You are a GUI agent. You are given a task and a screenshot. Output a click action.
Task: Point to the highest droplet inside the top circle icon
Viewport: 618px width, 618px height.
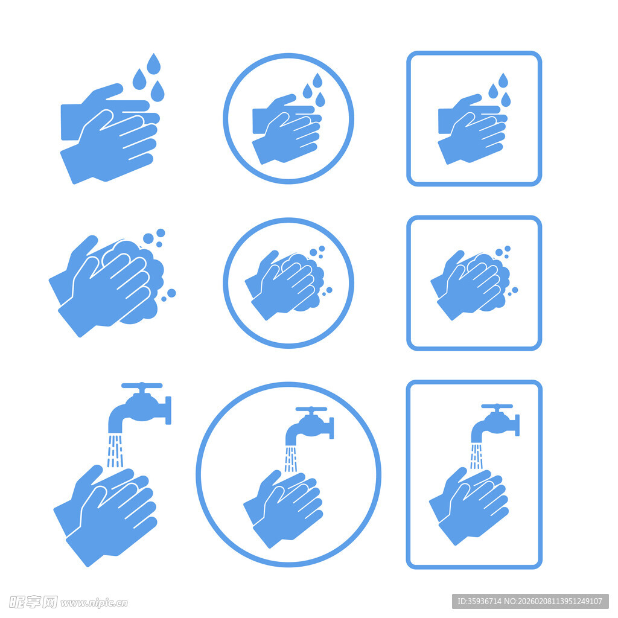(x=317, y=80)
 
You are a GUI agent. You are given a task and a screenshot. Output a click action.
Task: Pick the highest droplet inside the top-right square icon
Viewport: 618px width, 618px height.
(x=503, y=80)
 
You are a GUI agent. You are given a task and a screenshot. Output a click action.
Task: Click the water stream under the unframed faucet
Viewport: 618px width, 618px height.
(x=115, y=450)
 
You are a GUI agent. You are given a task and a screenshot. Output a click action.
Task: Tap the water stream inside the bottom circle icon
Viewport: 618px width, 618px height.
(x=291, y=459)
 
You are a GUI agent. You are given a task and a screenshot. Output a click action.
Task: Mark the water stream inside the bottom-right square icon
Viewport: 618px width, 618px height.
(x=477, y=456)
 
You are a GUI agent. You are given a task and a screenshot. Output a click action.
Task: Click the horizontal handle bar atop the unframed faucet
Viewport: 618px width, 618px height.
(x=142, y=386)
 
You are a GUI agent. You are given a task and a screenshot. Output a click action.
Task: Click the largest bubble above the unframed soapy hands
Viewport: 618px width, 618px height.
(x=148, y=238)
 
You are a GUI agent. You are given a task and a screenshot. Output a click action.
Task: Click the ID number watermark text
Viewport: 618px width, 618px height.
(x=530, y=601)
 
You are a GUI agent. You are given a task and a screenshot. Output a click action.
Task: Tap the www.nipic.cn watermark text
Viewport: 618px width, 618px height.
(x=94, y=603)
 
